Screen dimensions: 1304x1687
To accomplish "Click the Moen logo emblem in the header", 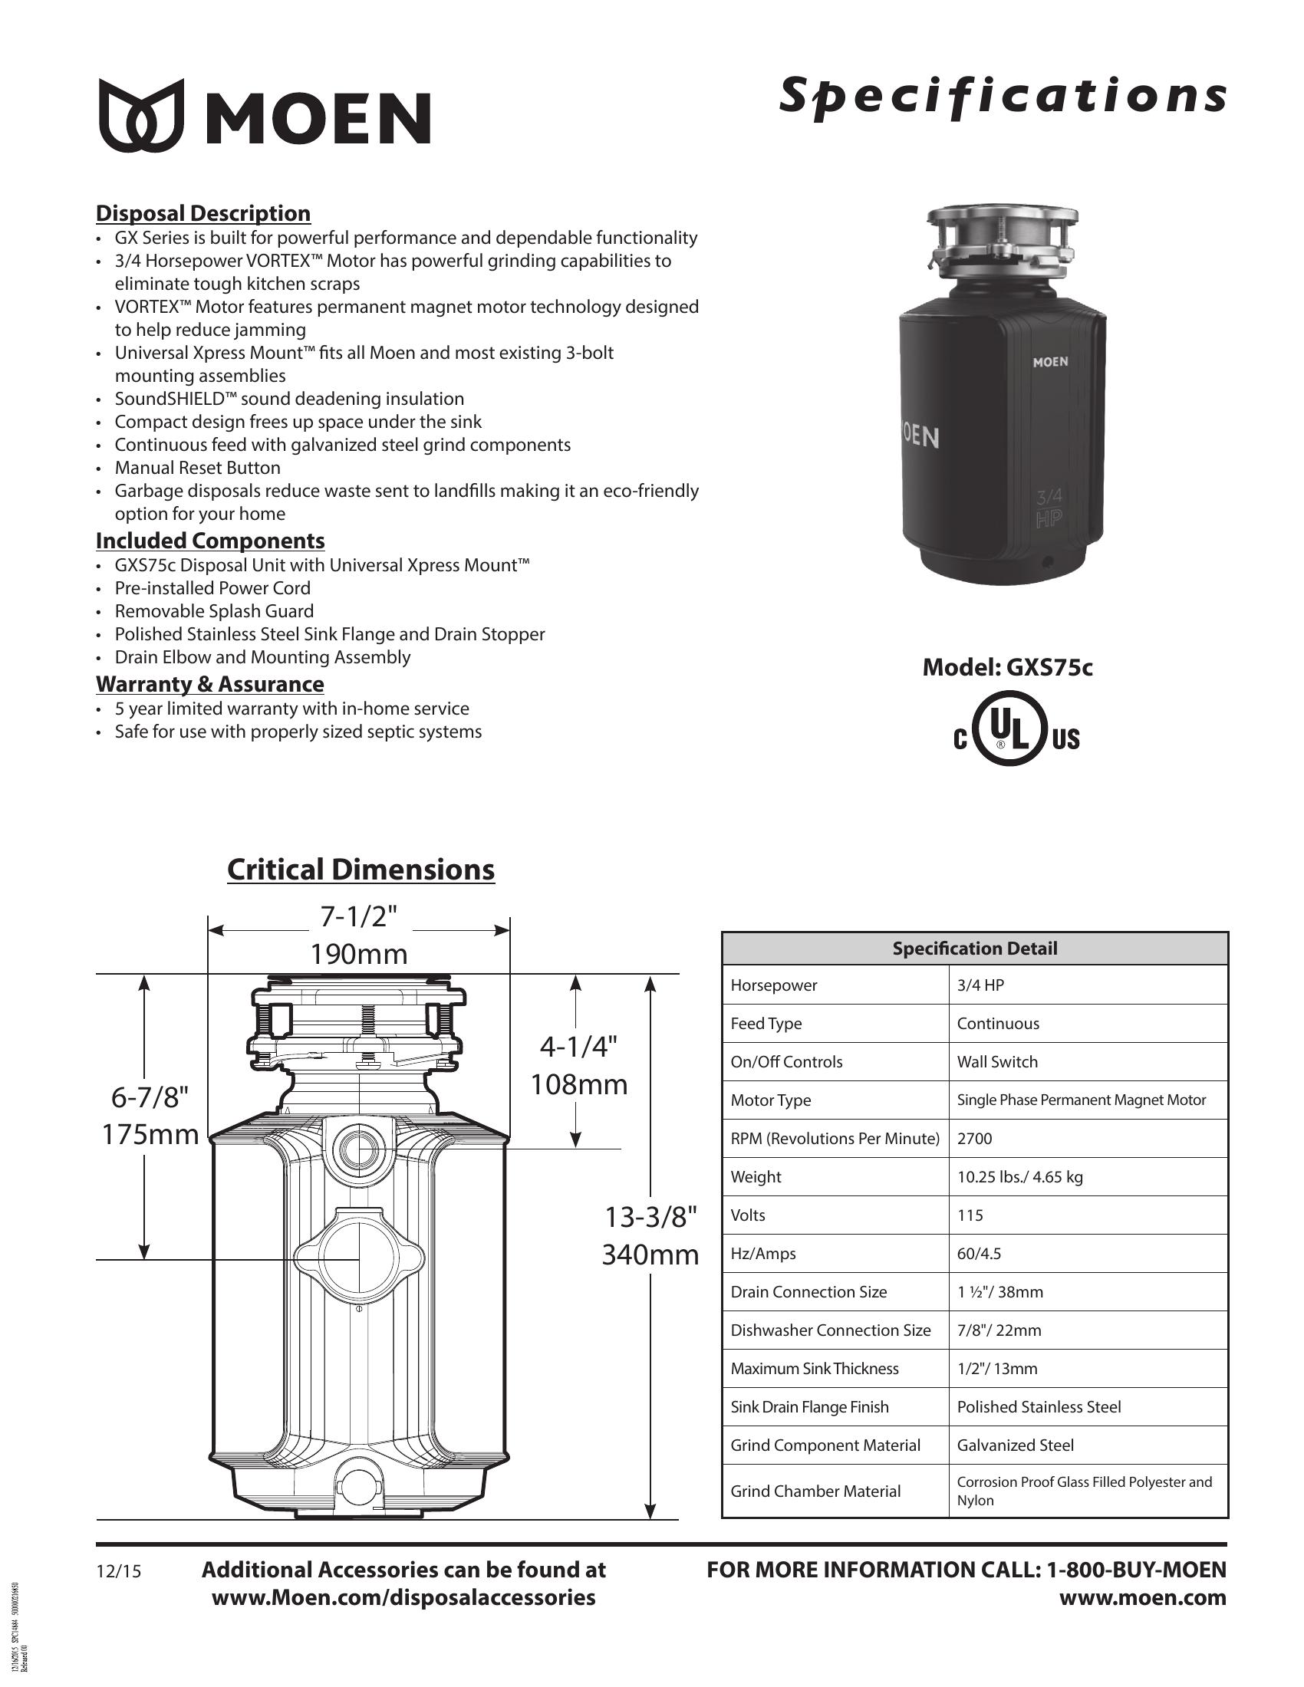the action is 141,114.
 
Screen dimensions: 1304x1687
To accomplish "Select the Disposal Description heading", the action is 203,213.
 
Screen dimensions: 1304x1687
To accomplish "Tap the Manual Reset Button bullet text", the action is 198,467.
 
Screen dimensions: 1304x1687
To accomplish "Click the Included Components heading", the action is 210,540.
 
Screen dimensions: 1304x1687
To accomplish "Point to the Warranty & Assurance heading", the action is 210,683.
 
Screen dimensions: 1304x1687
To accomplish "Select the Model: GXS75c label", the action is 1007,667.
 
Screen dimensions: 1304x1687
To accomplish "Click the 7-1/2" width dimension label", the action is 358,916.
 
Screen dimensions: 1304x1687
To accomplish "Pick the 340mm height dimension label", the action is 650,1255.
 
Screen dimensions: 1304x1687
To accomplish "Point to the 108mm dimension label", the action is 578,1084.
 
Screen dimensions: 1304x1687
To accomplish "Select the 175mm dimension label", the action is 150,1135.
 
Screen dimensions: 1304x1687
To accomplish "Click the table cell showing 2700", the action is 975,1139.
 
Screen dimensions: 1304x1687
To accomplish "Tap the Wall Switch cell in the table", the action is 997,1062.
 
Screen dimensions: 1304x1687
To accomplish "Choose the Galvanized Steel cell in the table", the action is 1015,1445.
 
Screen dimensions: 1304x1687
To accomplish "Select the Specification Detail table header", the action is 975,949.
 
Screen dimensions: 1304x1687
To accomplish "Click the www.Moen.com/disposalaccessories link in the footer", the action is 403,1597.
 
